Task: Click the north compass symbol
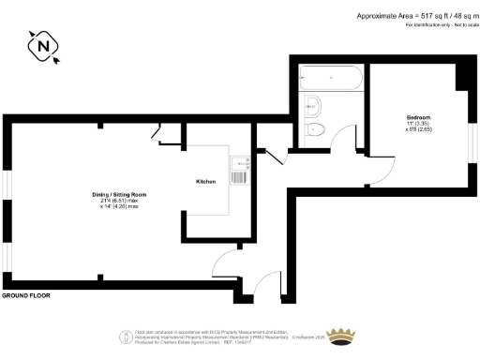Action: click(41, 46)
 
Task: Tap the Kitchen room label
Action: click(207, 180)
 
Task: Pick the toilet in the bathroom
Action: click(316, 128)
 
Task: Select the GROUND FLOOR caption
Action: click(25, 295)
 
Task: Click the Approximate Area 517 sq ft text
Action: click(412, 16)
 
